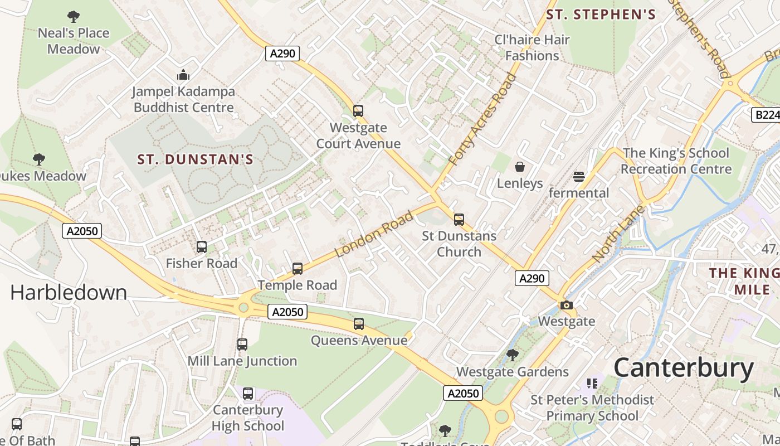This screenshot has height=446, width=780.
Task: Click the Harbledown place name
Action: click(x=69, y=293)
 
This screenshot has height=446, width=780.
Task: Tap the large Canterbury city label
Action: click(x=684, y=369)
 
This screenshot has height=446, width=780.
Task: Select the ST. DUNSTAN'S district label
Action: click(x=196, y=160)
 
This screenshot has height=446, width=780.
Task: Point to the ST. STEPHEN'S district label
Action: click(x=601, y=15)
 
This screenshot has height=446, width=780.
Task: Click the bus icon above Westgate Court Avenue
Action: click(x=358, y=111)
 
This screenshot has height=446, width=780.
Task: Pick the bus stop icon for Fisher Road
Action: click(x=202, y=246)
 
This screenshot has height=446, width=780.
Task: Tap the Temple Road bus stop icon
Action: click(x=298, y=269)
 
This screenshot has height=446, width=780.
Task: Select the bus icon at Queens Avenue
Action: click(x=359, y=324)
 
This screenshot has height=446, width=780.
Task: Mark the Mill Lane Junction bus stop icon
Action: click(x=242, y=345)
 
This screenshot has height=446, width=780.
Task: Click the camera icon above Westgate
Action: click(x=567, y=305)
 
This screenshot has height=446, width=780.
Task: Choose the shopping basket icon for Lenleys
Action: click(x=520, y=167)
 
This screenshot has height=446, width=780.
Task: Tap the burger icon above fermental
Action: click(x=579, y=177)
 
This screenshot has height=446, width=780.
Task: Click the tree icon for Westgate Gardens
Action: click(x=513, y=355)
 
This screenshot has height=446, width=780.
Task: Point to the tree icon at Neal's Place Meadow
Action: click(x=73, y=17)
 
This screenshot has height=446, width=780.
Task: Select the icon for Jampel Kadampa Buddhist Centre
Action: click(x=183, y=75)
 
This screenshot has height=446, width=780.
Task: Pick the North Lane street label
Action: click(x=618, y=234)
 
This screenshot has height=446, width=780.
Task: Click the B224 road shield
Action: click(x=767, y=115)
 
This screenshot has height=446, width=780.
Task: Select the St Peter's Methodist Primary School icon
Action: click(x=592, y=384)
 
